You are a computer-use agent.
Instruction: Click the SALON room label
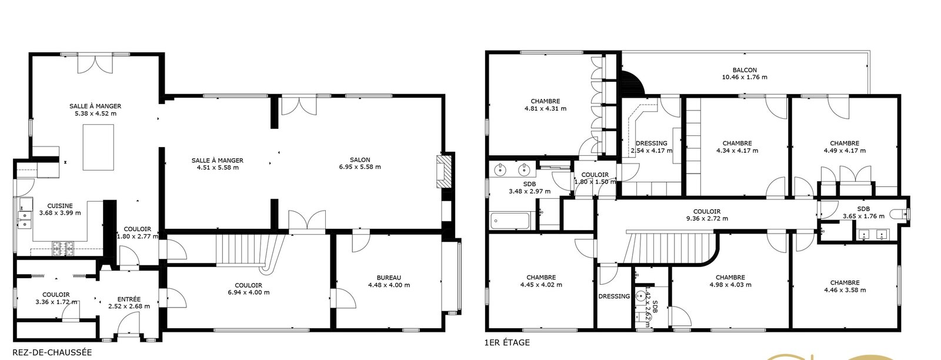(360, 159)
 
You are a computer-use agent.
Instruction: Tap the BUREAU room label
(389, 278)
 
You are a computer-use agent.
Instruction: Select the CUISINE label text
(59, 206)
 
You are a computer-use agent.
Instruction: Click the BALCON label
(745, 70)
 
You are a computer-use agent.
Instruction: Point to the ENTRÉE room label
(129, 299)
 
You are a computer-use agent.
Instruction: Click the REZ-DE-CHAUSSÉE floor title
(52, 352)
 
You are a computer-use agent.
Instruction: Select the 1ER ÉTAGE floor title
(507, 342)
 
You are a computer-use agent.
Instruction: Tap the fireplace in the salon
(443, 171)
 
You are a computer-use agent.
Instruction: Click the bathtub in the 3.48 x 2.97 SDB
(510, 221)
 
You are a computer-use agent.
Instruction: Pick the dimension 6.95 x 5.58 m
(360, 167)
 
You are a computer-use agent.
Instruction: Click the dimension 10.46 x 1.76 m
(745, 77)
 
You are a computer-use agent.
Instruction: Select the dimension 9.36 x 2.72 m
(707, 218)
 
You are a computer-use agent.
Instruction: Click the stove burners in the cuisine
(62, 249)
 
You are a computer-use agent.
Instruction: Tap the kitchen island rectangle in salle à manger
(98, 147)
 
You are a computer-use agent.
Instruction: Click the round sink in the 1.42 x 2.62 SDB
(640, 296)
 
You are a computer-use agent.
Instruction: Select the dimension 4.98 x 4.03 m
(730, 284)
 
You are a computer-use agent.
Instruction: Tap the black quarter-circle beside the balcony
(632, 83)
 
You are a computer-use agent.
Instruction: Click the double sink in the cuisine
(25, 219)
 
